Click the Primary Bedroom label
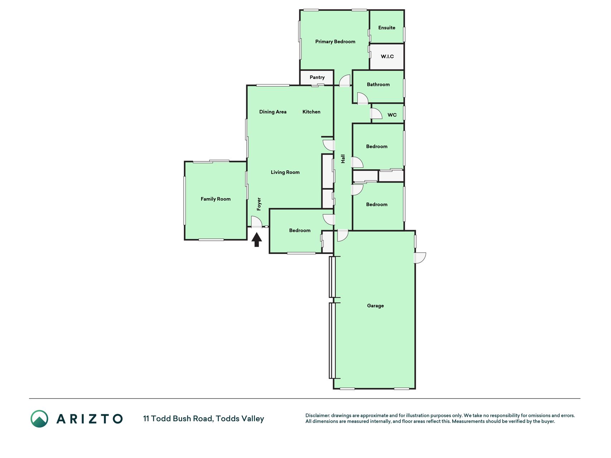[x=335, y=42]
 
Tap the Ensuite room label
[x=387, y=28]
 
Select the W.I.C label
[x=387, y=57]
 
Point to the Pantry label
[x=317, y=77]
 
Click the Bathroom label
[x=378, y=84]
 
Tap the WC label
[x=392, y=115]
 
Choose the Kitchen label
[x=311, y=112]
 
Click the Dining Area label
[x=273, y=112]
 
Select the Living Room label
[x=285, y=172]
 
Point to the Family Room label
[x=215, y=199]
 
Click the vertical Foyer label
[x=259, y=204]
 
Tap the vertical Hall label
[x=343, y=159]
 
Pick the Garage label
[x=375, y=306]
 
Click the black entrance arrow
[x=256, y=240]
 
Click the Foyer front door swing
[x=257, y=222]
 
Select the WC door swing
[x=376, y=113]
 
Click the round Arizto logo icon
[x=39, y=419]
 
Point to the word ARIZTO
[x=89, y=419]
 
